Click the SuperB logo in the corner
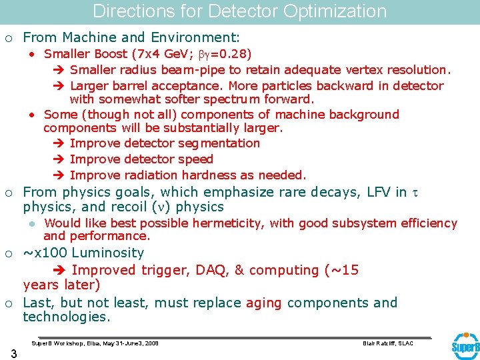coord(465,346)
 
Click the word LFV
coord(380,192)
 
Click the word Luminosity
coord(107,253)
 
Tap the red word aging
coord(264,303)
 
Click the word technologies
coord(66,317)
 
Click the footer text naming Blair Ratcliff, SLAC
coord(387,343)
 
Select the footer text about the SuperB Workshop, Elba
coord(95,343)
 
